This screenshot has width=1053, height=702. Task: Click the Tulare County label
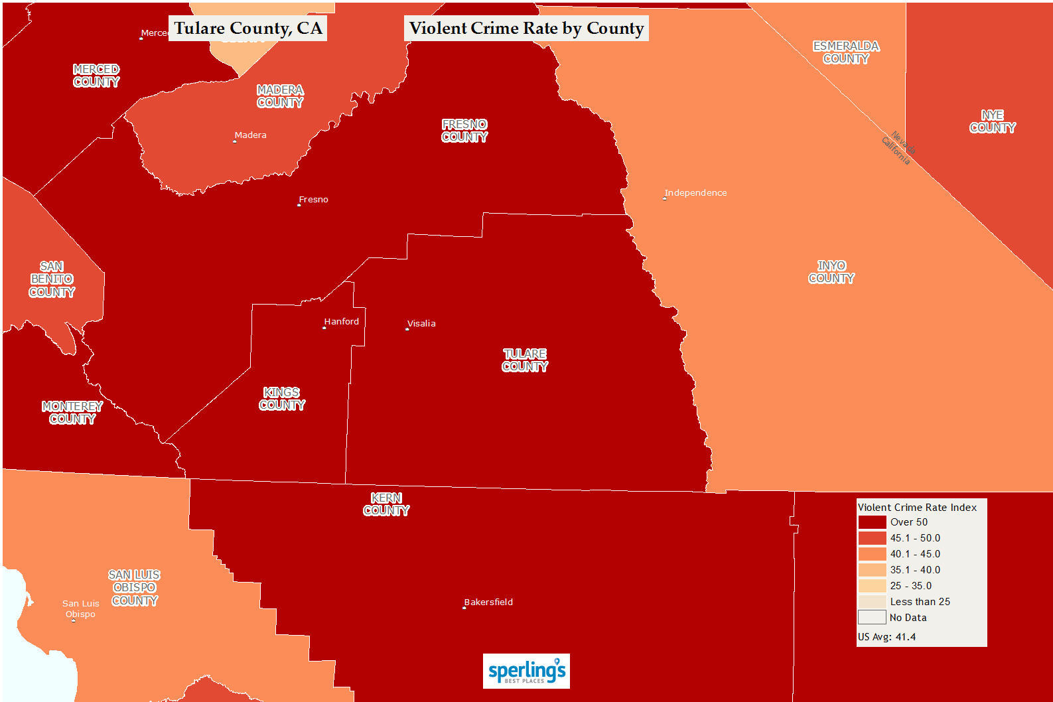tap(525, 360)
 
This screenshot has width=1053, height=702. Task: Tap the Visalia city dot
tap(407, 329)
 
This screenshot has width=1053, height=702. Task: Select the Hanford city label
tap(341, 321)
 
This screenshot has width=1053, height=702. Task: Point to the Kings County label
tap(282, 399)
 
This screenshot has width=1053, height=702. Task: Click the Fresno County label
tap(464, 131)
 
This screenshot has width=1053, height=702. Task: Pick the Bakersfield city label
tap(488, 602)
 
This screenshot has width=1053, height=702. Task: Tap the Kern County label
tap(386, 504)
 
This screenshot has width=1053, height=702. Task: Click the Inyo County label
tap(831, 272)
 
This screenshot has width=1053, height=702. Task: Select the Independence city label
tap(695, 192)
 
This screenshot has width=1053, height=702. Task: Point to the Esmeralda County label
tap(846, 52)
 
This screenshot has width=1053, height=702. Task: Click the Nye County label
tap(993, 121)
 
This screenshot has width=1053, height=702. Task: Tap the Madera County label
tap(280, 96)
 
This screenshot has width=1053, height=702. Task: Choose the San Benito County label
tap(52, 279)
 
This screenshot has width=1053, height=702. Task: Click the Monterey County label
tap(72, 413)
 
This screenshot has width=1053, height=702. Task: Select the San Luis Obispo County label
tap(135, 588)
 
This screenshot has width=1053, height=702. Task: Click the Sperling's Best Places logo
tap(526, 671)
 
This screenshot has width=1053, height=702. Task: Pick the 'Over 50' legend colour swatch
tap(872, 522)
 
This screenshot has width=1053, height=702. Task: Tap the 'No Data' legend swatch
tap(872, 618)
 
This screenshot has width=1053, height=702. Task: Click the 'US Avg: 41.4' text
tap(886, 637)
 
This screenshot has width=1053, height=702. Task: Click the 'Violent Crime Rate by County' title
tap(526, 29)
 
